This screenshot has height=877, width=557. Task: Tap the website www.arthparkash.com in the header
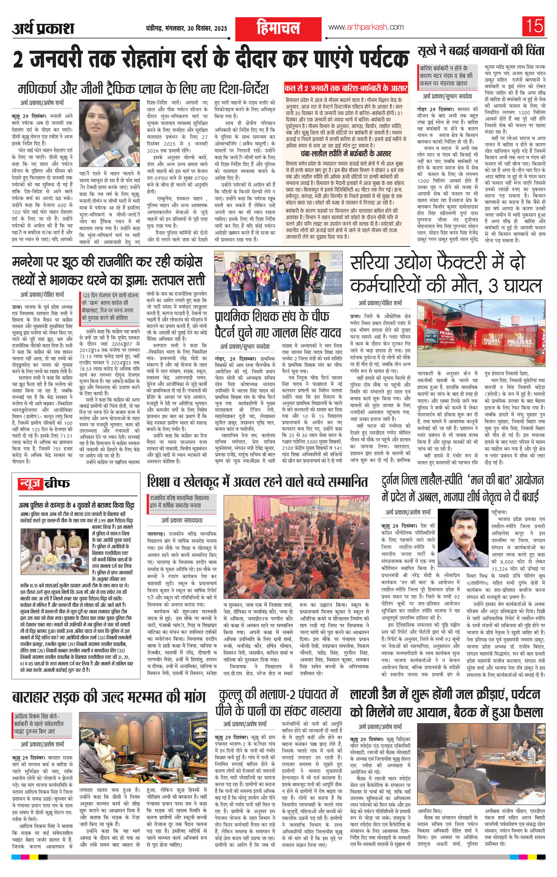[x=366, y=27]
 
